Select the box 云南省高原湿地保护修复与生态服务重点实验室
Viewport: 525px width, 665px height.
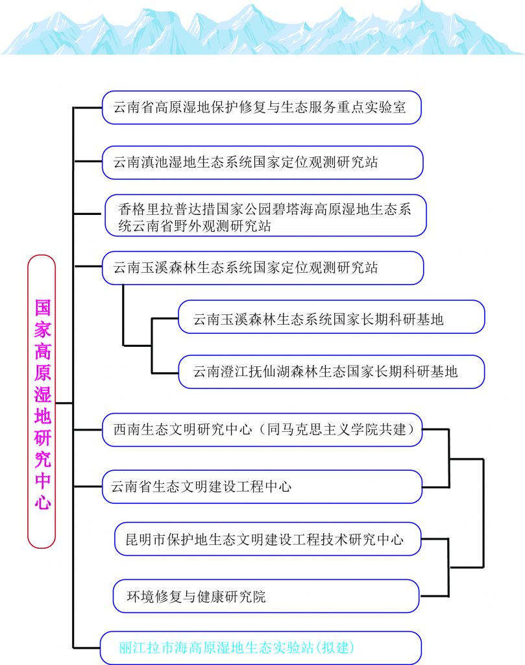click(x=262, y=107)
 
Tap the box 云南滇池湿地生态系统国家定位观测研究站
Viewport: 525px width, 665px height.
click(x=262, y=162)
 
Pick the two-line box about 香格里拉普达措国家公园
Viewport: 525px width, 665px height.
click(x=265, y=216)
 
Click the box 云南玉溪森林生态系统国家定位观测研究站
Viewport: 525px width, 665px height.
click(x=263, y=268)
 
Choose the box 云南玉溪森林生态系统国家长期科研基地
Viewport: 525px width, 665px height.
click(x=332, y=317)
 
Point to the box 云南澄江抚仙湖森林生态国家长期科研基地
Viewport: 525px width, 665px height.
click(x=332, y=372)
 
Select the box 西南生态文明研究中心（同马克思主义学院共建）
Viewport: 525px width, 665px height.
click(x=262, y=430)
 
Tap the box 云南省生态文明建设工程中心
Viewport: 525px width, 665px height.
click(x=262, y=487)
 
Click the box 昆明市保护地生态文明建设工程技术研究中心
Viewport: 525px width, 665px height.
click(x=268, y=539)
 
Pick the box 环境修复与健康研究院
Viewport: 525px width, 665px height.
click(x=266, y=596)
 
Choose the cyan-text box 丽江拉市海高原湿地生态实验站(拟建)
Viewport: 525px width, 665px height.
click(x=261, y=647)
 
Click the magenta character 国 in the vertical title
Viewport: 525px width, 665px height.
click(x=43, y=308)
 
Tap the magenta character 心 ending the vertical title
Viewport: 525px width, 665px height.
click(x=43, y=503)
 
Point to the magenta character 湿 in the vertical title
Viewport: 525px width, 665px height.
click(x=43, y=394)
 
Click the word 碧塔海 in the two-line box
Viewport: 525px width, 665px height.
click(x=293, y=209)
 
